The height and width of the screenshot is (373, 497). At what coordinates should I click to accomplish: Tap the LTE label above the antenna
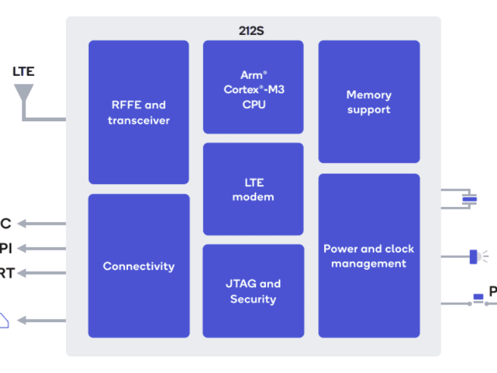click(24, 71)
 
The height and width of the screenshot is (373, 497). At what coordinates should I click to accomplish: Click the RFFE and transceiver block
click(139, 112)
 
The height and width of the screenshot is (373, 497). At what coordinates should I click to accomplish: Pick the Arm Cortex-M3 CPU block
click(253, 87)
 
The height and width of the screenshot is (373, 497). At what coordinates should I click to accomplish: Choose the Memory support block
click(369, 101)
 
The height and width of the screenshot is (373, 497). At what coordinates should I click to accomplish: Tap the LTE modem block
click(253, 189)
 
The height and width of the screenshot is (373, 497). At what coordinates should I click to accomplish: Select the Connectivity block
click(139, 265)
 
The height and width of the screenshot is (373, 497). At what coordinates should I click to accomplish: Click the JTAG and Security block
click(253, 290)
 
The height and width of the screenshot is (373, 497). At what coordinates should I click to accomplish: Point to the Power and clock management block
click(369, 255)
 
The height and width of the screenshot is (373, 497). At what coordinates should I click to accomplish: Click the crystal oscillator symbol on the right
click(470, 199)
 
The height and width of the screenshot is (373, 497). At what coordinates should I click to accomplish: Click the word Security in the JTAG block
click(253, 299)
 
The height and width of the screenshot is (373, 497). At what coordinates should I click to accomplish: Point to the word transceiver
click(139, 120)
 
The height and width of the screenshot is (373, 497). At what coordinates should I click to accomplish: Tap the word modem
click(253, 197)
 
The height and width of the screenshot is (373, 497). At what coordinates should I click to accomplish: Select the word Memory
click(369, 94)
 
